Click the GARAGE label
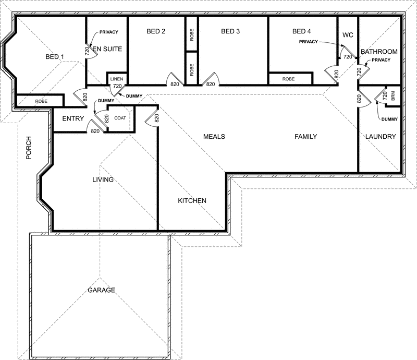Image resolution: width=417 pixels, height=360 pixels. [101, 290]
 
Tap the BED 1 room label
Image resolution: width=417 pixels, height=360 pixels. [55, 57]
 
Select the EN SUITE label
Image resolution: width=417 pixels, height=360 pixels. [107, 49]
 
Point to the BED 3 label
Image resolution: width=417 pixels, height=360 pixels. [230, 31]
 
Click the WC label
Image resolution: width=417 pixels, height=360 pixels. [348, 35]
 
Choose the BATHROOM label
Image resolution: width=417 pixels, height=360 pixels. [379, 52]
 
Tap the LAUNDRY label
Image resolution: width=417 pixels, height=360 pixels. [381, 137]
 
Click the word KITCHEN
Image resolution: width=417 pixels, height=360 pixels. [192, 201]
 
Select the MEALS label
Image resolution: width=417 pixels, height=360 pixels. [214, 137]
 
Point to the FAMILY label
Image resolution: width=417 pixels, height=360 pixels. [305, 137]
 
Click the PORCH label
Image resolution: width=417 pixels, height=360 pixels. [29, 149]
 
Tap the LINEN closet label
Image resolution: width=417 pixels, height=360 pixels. [116, 79]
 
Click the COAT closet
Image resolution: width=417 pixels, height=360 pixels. [120, 118]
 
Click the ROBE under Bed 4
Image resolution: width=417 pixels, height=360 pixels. [288, 79]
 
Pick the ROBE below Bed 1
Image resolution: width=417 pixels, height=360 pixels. [42, 101]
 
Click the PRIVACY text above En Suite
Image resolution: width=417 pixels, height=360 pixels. [108, 32]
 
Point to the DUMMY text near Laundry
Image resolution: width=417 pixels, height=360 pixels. [389, 119]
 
